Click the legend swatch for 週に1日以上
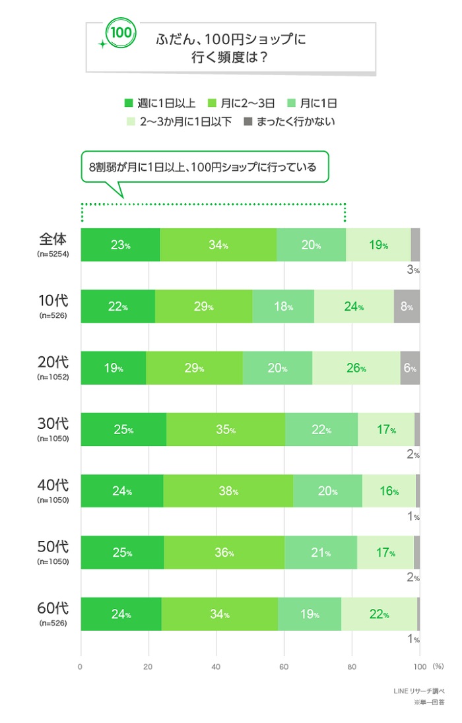click(x=129, y=103)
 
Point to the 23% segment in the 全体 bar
click(x=120, y=245)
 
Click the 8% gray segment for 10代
click(x=407, y=307)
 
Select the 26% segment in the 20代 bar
click(x=356, y=368)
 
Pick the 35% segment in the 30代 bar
click(x=226, y=429)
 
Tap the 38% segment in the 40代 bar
click(x=228, y=491)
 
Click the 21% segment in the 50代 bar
click(x=320, y=553)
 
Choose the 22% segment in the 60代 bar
click(x=378, y=614)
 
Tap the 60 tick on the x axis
click(x=284, y=666)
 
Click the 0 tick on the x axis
click(x=81, y=666)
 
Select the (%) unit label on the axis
click(x=438, y=666)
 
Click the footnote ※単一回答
click(x=429, y=703)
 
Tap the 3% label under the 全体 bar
click(x=414, y=270)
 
